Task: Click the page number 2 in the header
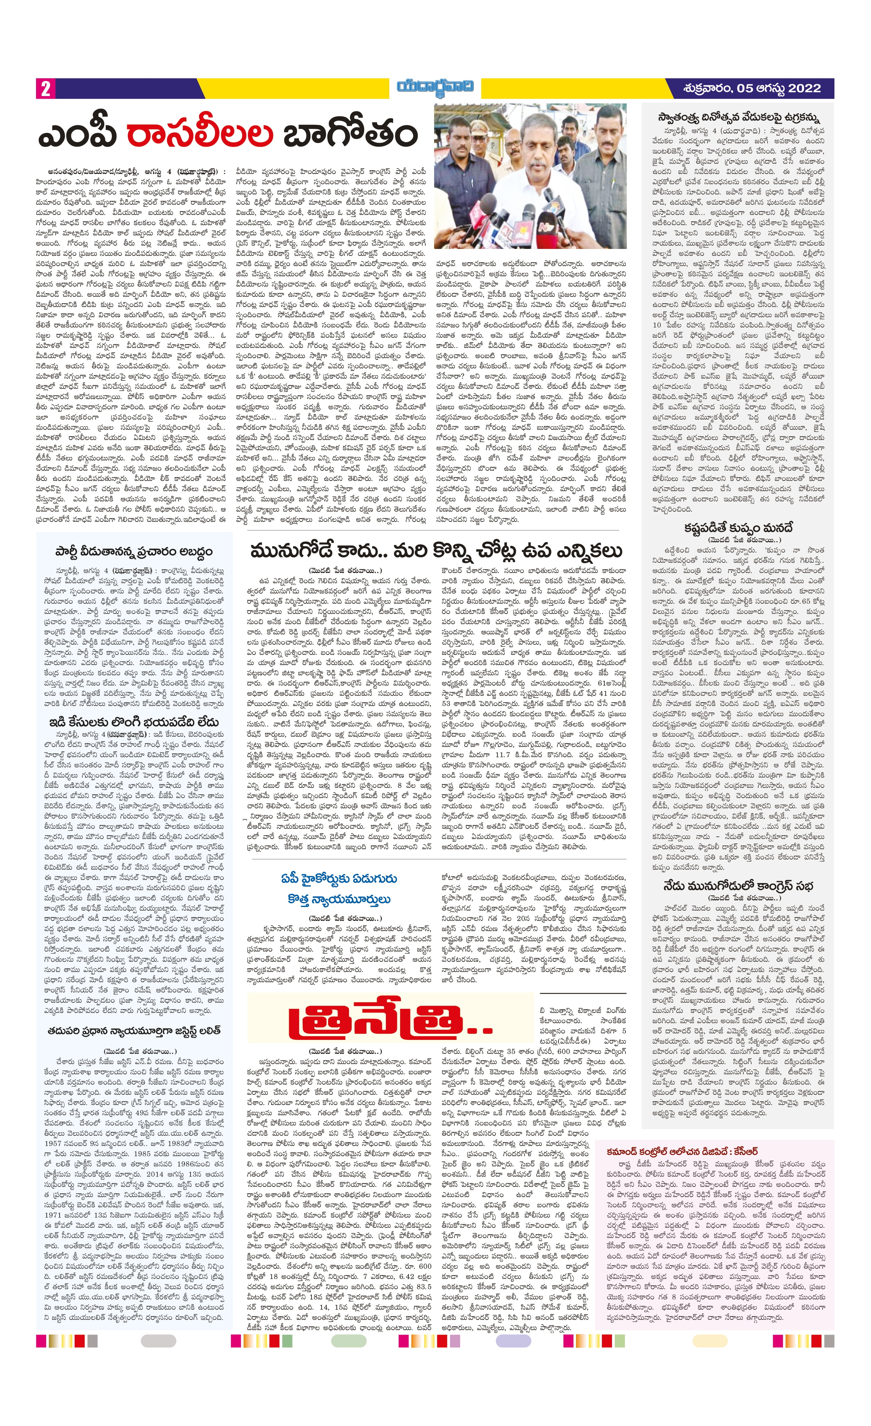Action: coord(45,88)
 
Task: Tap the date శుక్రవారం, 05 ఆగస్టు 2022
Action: coord(752,88)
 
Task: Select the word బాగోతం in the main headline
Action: coord(350,134)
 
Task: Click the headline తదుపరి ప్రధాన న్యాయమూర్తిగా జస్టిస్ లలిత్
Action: coord(134,1030)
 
